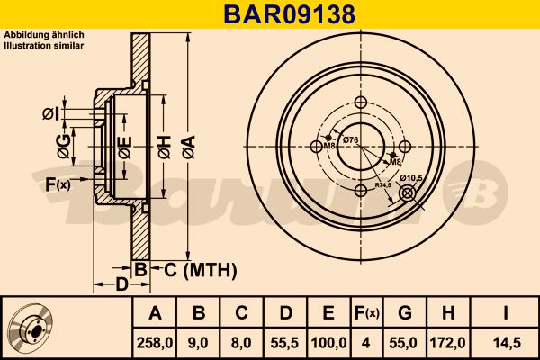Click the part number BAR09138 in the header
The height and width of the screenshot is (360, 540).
tap(269, 13)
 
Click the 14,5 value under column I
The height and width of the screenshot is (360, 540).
tap(508, 343)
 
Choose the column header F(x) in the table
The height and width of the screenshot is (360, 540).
tap(368, 313)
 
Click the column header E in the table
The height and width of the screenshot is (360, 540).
tap(328, 313)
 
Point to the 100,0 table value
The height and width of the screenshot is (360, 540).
tap(328, 343)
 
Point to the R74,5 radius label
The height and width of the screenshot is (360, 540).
tap(383, 184)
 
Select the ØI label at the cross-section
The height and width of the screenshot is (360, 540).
tap(50, 112)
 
